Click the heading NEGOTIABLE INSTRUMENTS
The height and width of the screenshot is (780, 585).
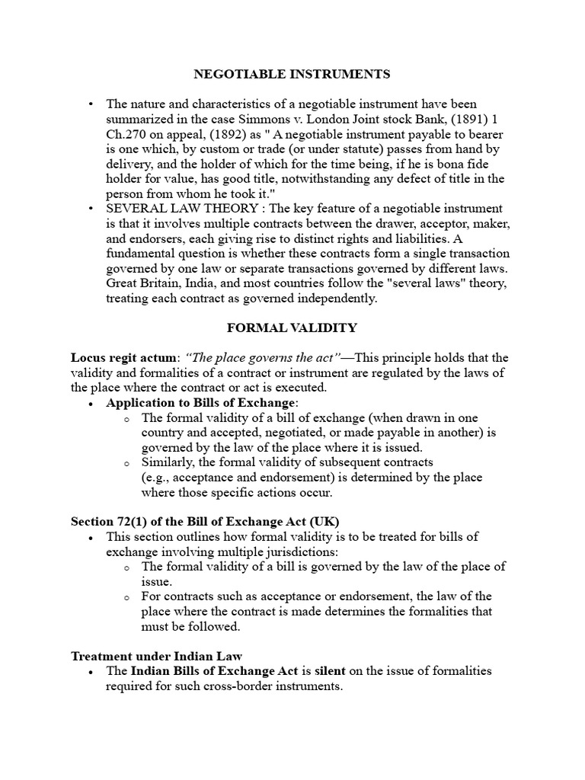292,74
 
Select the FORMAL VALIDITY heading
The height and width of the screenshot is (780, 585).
292,328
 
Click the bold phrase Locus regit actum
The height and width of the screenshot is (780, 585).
125,358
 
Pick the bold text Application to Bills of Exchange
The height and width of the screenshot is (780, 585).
200,402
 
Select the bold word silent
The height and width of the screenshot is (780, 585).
326,671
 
